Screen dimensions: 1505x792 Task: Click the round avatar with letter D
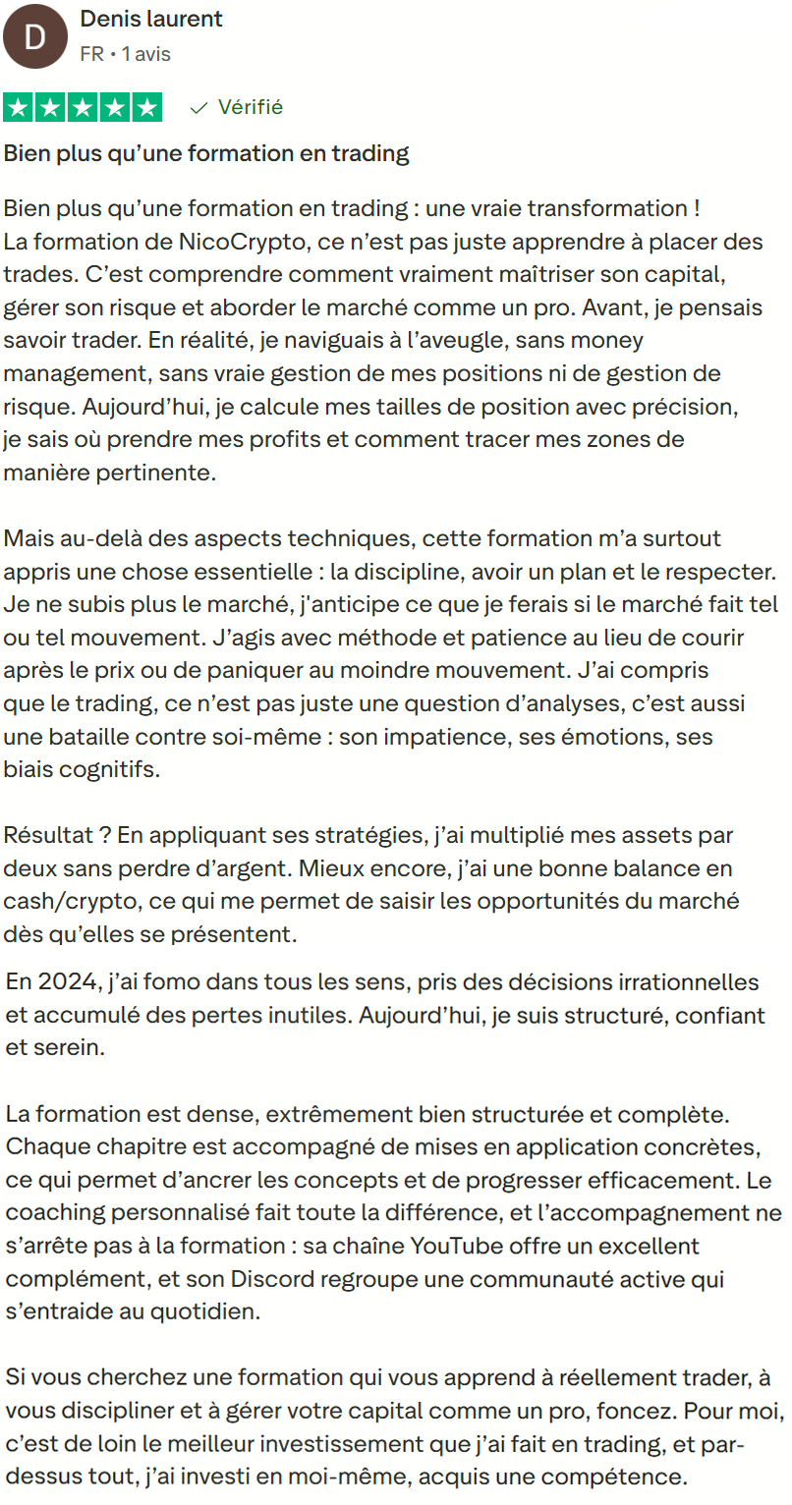tap(35, 37)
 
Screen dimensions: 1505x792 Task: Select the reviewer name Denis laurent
tap(151, 20)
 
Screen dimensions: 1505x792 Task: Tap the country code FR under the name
tap(91, 54)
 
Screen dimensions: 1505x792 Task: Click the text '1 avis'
tap(145, 54)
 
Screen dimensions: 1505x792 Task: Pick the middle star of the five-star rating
tap(84, 107)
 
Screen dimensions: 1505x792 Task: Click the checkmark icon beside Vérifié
tap(199, 107)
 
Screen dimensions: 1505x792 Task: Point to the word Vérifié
tap(250, 107)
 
